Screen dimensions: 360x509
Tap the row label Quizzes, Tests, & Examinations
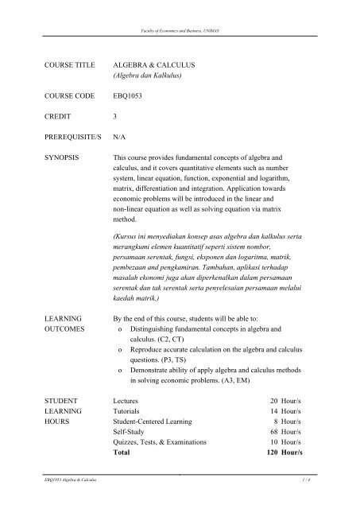pyautogui.click(x=161, y=440)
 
